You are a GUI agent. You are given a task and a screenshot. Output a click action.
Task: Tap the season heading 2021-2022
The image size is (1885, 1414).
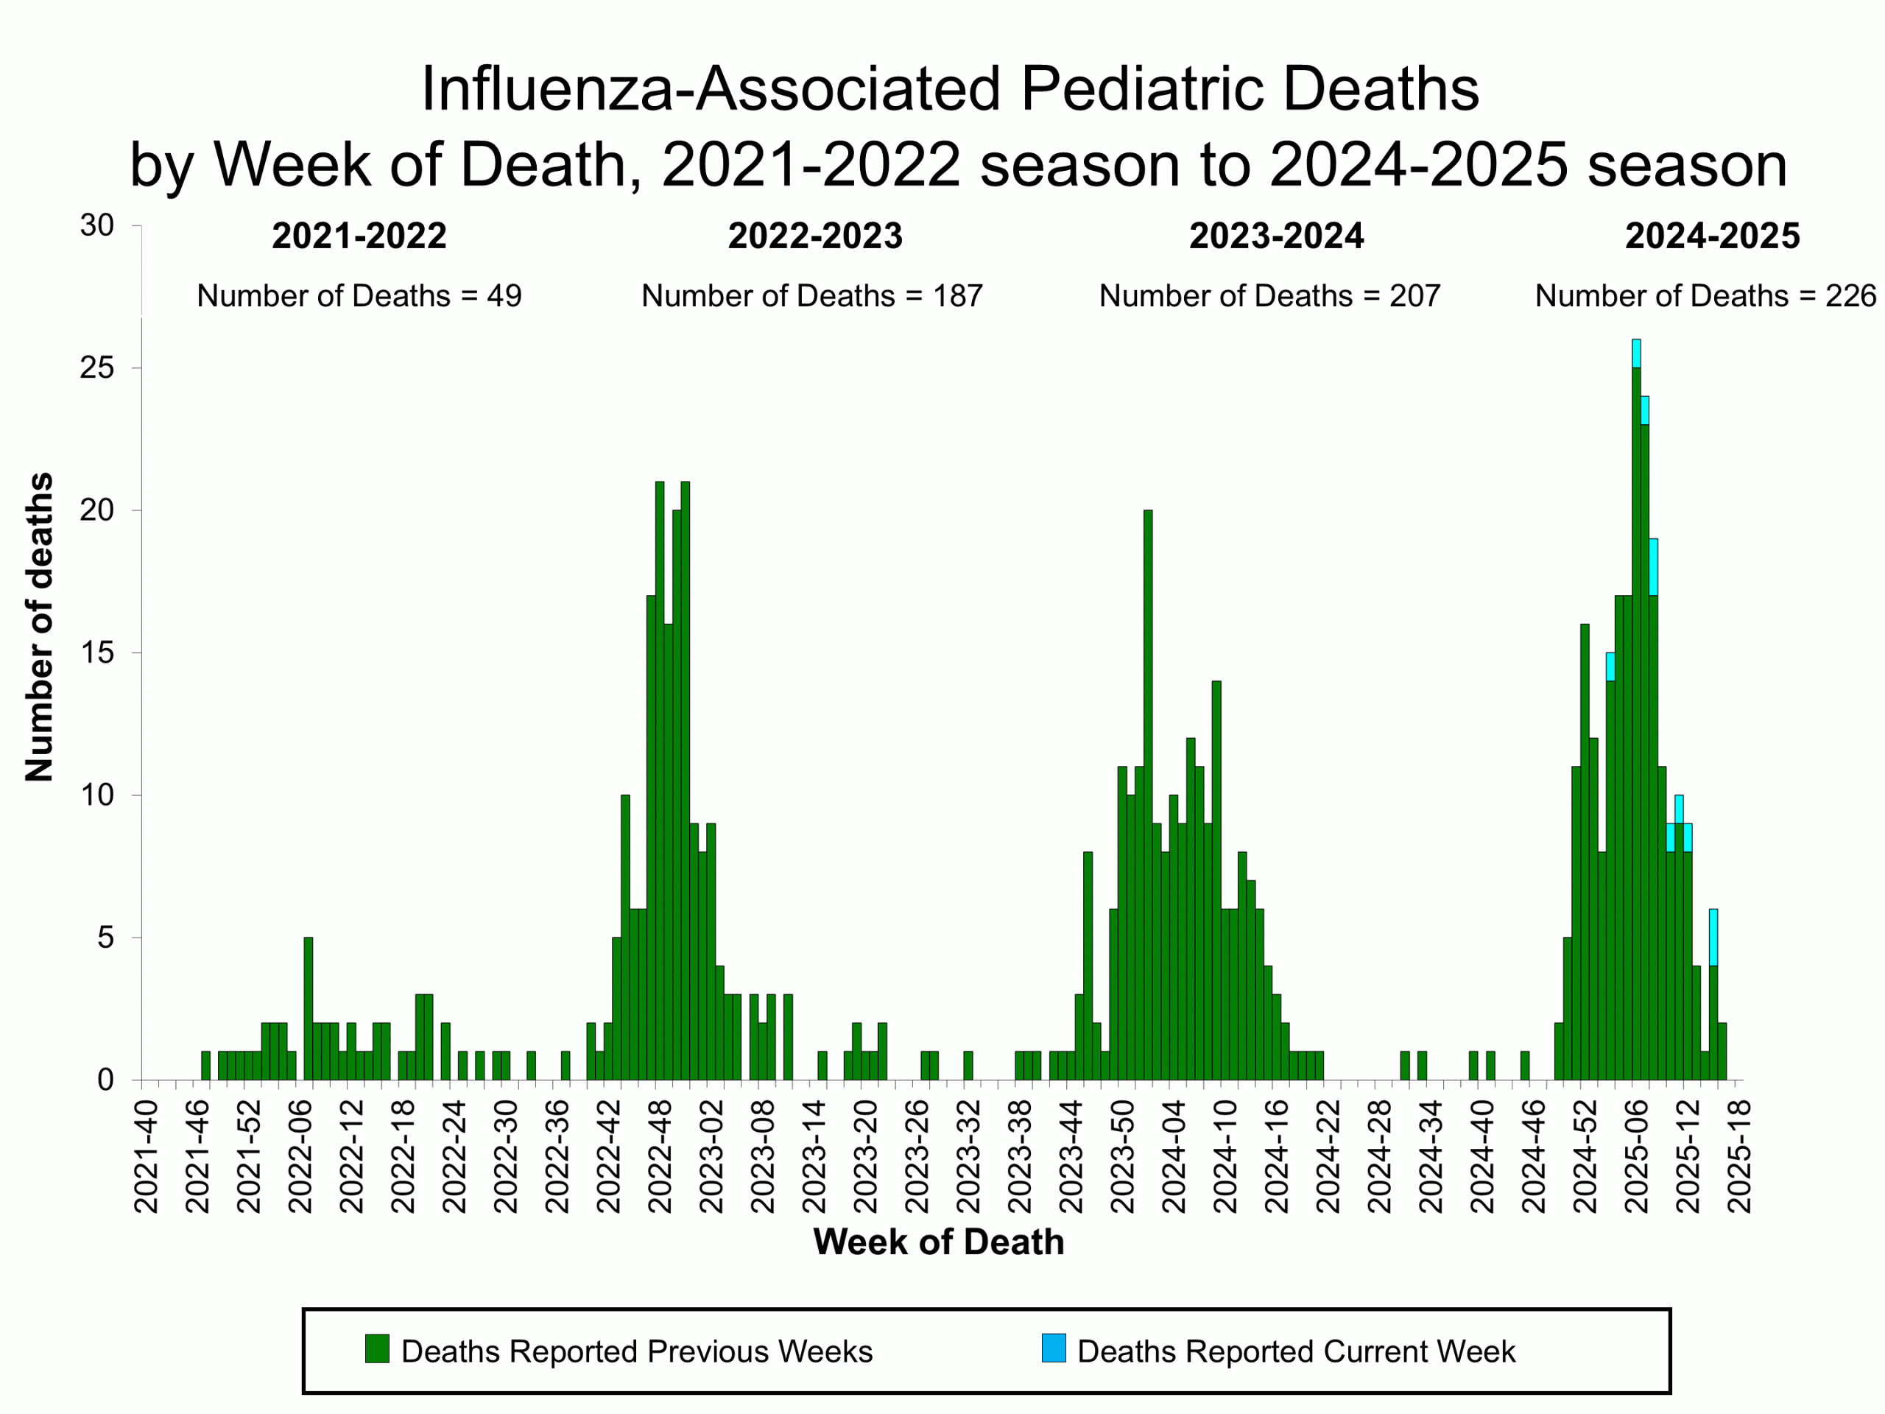(359, 236)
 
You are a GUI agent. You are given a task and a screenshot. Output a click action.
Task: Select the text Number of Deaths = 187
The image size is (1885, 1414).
(811, 296)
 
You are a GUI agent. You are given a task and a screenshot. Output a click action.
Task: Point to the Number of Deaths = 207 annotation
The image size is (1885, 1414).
(1269, 296)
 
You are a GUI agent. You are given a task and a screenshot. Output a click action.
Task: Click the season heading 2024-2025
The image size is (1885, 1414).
(1712, 236)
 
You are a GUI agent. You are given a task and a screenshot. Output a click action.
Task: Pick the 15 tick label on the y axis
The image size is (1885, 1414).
(97, 653)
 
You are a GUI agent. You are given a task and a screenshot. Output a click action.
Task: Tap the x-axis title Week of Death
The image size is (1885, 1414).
(938, 1242)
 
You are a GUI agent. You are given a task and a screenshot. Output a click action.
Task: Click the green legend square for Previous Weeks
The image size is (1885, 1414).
(377, 1349)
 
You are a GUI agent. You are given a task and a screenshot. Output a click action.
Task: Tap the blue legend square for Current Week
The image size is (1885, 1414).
(1053, 1349)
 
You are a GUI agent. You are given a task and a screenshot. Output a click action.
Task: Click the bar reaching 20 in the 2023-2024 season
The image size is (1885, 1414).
(1148, 792)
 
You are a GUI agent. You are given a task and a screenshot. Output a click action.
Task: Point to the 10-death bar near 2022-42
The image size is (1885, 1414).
(625, 938)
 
